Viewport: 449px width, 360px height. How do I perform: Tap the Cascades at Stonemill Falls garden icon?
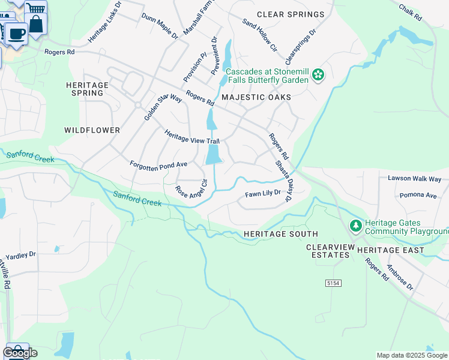point(318,76)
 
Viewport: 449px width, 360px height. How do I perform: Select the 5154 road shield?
point(333,283)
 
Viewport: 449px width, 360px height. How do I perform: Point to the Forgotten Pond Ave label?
point(158,164)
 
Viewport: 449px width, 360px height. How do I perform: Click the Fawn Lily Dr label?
point(263,194)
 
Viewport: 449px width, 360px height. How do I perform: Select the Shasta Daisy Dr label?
point(282,181)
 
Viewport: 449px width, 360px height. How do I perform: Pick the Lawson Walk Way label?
point(414,179)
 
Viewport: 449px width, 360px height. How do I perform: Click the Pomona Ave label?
point(419,196)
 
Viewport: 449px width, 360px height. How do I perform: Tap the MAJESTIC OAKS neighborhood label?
point(256,97)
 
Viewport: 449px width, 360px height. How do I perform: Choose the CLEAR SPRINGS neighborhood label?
point(291,14)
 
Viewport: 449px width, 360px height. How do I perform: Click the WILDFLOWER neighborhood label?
point(92,130)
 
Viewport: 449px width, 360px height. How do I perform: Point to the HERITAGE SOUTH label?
point(280,234)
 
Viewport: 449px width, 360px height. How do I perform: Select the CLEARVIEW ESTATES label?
point(328,251)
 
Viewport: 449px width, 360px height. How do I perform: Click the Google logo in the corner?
point(20,353)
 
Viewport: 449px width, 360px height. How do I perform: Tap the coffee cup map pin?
point(17,32)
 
